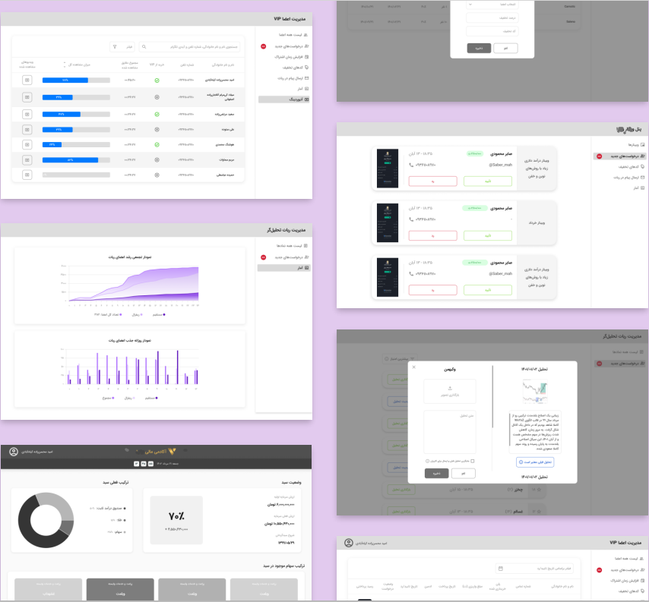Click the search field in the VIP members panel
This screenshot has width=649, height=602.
coord(190,46)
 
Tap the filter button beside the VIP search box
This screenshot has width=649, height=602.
coord(122,46)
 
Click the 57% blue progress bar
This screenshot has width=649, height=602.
coord(71,159)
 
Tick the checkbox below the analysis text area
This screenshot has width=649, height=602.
coord(472,460)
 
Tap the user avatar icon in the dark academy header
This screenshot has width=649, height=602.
coord(14,452)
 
